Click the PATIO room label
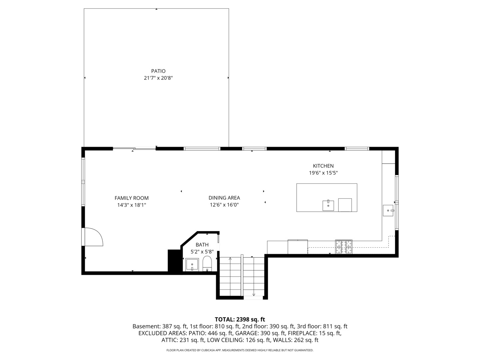pyautogui.click(x=158, y=71)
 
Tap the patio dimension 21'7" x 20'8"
pyautogui.click(x=158, y=78)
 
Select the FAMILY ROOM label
pyautogui.click(x=131, y=198)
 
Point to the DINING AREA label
pyautogui.click(x=224, y=198)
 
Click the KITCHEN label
pyautogui.click(x=323, y=166)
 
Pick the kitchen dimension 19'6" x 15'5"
pyautogui.click(x=323, y=173)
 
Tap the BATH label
pyautogui.click(x=202, y=245)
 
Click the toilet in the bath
pyautogui.click(x=207, y=264)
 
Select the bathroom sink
pyautogui.click(x=192, y=265)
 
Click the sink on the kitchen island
pyautogui.click(x=328, y=206)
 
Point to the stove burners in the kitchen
pyautogui.click(x=344, y=247)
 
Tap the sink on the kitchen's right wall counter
pyautogui.click(x=388, y=211)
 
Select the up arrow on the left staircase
pyautogui.click(x=230, y=259)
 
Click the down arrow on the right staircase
pyautogui.click(x=254, y=294)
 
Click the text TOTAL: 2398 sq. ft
pyautogui.click(x=240, y=319)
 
